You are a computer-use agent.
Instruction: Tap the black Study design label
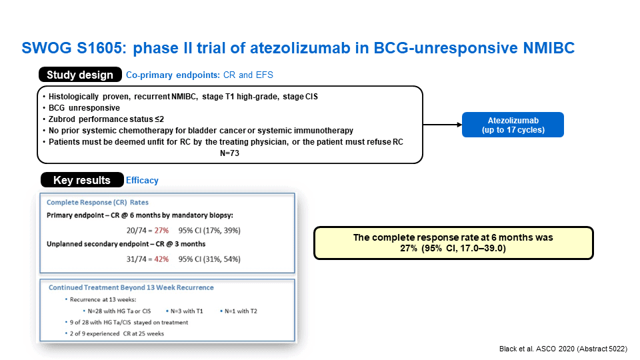pos(80,75)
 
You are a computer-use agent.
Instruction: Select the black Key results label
pos(82,180)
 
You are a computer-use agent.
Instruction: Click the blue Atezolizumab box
pos(513,125)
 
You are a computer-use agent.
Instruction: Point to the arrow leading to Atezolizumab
pos(443,125)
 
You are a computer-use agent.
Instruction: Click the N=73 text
pos(229,153)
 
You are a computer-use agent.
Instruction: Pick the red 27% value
pos(161,231)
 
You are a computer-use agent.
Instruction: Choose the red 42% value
pos(161,259)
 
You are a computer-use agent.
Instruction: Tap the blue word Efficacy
pos(142,181)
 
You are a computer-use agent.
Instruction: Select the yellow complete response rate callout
pos(453,243)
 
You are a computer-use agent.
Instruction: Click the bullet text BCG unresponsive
pos(84,108)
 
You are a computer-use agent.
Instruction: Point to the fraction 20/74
pos(136,231)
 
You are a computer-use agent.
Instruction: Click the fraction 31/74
pos(136,259)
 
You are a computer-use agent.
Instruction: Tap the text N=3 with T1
pos(187,311)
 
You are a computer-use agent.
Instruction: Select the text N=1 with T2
pos(241,311)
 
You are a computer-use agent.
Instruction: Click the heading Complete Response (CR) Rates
pos(97,203)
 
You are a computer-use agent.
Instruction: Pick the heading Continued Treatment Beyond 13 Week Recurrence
pos(131,287)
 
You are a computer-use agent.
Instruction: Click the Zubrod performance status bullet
pos(106,119)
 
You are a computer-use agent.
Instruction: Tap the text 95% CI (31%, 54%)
pos(209,259)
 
